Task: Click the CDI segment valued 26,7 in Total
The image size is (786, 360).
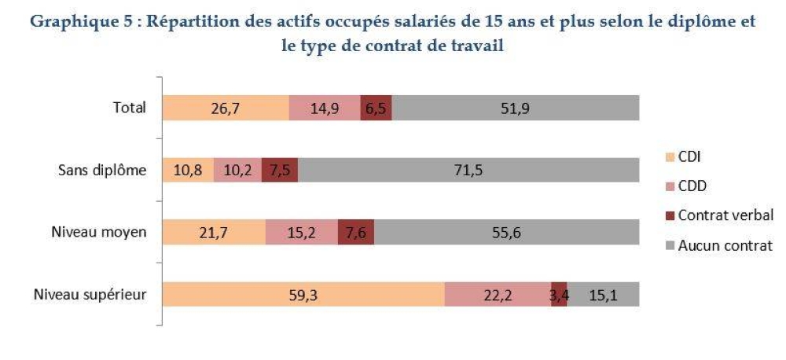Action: click(x=226, y=108)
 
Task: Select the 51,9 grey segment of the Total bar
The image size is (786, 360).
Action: click(x=516, y=108)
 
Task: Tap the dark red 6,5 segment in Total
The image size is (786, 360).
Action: click(x=376, y=108)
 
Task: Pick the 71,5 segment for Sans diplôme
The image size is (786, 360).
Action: click(x=468, y=170)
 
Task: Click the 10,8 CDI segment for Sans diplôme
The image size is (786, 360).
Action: click(x=188, y=170)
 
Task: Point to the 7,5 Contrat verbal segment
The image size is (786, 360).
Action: click(x=280, y=170)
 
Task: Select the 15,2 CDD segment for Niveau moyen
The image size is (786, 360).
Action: click(x=302, y=232)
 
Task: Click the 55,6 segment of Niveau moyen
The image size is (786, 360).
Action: click(x=506, y=232)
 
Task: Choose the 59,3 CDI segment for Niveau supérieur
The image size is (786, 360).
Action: click(x=303, y=294)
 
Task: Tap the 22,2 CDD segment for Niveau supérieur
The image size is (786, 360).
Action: click(x=498, y=294)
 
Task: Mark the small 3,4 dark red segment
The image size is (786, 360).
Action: click(x=560, y=294)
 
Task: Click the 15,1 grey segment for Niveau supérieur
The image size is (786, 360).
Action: click(x=604, y=294)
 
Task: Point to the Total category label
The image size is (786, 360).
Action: click(x=130, y=108)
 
